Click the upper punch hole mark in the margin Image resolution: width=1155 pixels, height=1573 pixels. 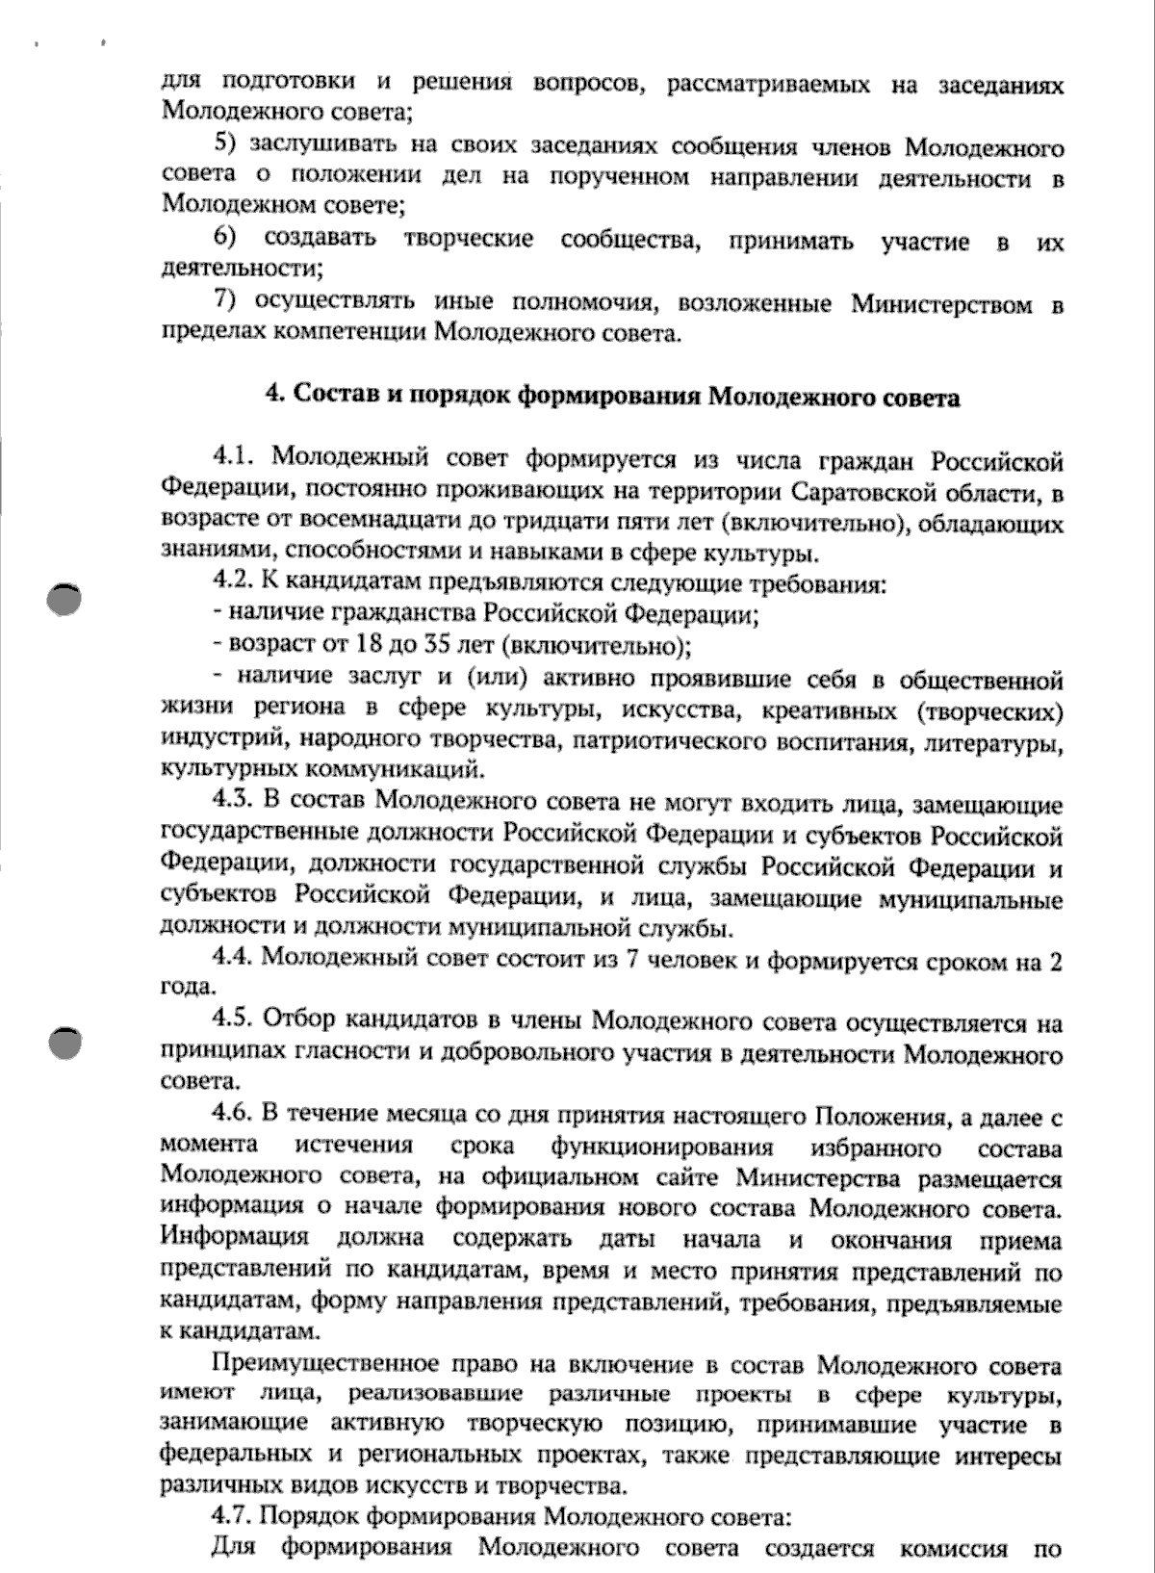[x=64, y=598]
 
